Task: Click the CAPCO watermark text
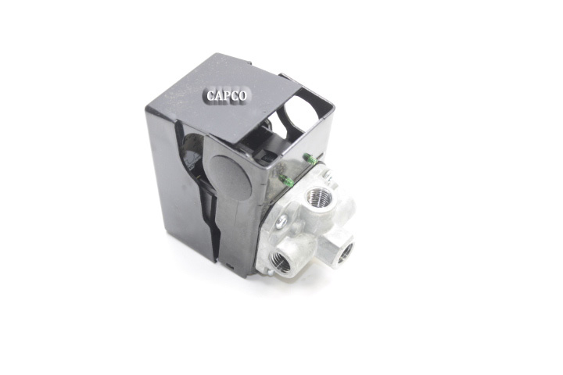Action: point(227,96)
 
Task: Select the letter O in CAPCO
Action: point(242,96)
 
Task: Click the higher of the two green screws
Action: point(309,159)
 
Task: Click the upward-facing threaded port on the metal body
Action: point(317,195)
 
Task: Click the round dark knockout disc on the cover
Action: point(230,177)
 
